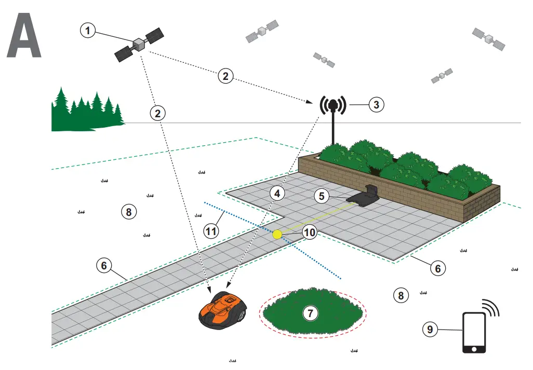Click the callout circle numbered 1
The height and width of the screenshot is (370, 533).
(88, 31)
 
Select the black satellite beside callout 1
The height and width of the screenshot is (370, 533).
(139, 45)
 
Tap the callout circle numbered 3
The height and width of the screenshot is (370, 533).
(377, 104)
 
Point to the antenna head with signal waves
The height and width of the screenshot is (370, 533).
(334, 106)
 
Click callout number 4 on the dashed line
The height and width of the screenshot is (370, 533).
(277, 194)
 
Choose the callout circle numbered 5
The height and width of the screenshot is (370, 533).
(322, 196)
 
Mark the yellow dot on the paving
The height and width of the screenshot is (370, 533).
(277, 235)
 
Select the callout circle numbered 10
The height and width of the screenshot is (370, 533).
(309, 232)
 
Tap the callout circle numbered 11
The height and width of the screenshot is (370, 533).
(211, 231)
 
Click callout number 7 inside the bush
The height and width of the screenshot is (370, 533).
(310, 313)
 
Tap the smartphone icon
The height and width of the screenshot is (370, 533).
(474, 332)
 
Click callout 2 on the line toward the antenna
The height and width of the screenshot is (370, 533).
(225, 76)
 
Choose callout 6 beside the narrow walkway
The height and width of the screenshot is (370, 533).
(104, 265)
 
